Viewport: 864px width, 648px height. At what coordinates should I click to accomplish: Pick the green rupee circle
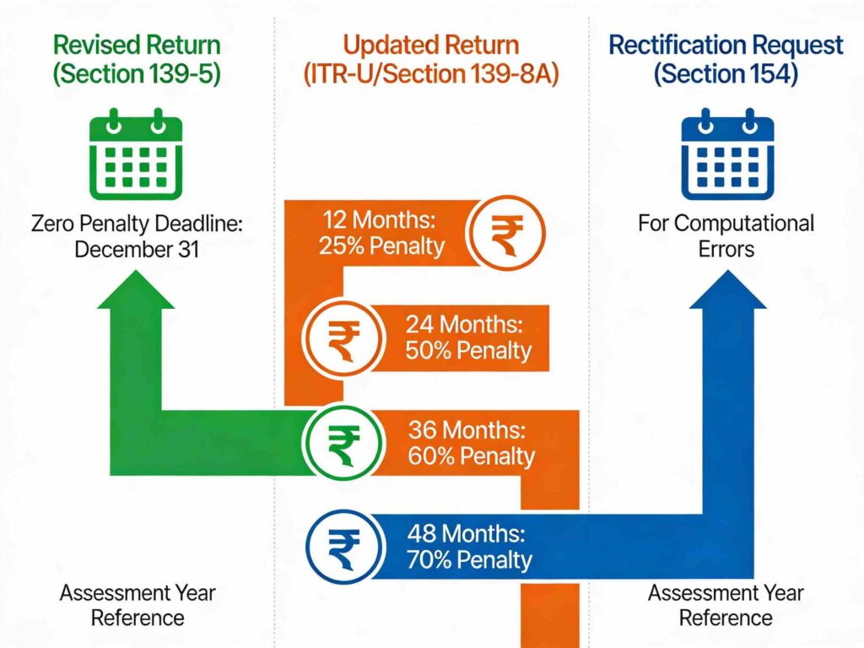[343, 442]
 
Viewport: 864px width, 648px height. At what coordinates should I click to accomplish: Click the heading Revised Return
[136, 46]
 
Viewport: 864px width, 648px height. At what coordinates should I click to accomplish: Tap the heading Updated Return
[432, 46]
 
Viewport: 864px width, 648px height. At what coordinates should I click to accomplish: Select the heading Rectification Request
[726, 46]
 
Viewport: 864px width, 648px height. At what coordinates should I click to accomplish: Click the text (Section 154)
[726, 74]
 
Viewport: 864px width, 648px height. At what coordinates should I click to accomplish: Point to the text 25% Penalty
[381, 246]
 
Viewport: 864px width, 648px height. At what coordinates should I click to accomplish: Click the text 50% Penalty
[468, 350]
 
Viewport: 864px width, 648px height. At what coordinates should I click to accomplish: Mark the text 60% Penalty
[471, 456]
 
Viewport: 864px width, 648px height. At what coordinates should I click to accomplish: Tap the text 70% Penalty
[469, 559]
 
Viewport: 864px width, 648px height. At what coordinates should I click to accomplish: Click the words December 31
[136, 250]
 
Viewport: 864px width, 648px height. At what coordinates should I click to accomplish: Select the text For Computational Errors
[726, 236]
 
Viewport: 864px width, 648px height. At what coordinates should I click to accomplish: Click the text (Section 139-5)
[136, 74]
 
